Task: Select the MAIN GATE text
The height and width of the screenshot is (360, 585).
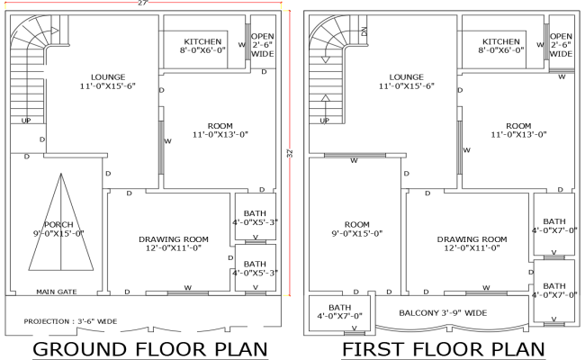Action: pyautogui.click(x=56, y=292)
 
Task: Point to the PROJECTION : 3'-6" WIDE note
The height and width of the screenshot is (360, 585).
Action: pyautogui.click(x=71, y=319)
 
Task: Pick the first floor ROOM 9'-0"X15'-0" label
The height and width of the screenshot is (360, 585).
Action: pyautogui.click(x=356, y=228)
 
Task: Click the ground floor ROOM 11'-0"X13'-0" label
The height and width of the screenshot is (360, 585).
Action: pyautogui.click(x=220, y=129)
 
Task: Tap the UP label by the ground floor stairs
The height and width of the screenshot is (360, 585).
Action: pyautogui.click(x=25, y=120)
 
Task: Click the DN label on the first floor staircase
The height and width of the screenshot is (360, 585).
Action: pyautogui.click(x=364, y=31)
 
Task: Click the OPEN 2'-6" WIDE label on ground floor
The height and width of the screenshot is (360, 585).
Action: pyautogui.click(x=262, y=45)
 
